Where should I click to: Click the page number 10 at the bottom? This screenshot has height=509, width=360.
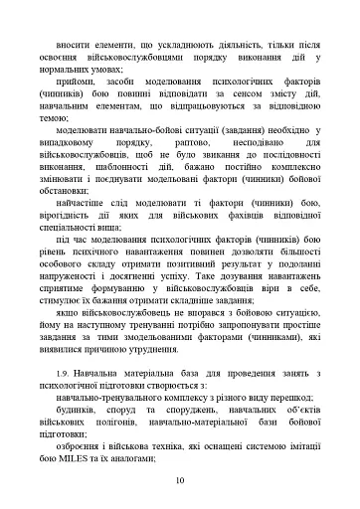[x=180, y=479]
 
